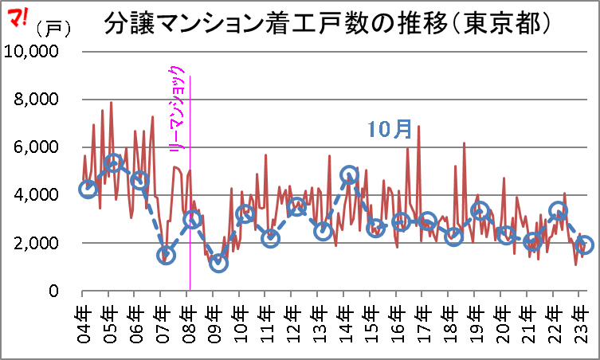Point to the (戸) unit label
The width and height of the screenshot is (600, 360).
tap(53, 29)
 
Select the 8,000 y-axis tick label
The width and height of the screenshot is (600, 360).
tap(36, 100)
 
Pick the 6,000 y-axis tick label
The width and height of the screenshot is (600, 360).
tap(36, 147)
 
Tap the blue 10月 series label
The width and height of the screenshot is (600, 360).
tap(390, 130)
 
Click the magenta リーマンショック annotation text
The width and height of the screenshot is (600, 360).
tap(179, 112)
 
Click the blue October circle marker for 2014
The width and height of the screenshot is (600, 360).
tap(349, 174)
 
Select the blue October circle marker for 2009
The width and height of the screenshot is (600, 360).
tap(218, 263)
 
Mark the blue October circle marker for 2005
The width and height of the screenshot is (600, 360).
tap(113, 163)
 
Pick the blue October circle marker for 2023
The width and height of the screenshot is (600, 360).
tap(584, 245)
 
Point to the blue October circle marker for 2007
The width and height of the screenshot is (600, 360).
tap(166, 256)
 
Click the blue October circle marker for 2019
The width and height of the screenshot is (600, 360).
tap(480, 211)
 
